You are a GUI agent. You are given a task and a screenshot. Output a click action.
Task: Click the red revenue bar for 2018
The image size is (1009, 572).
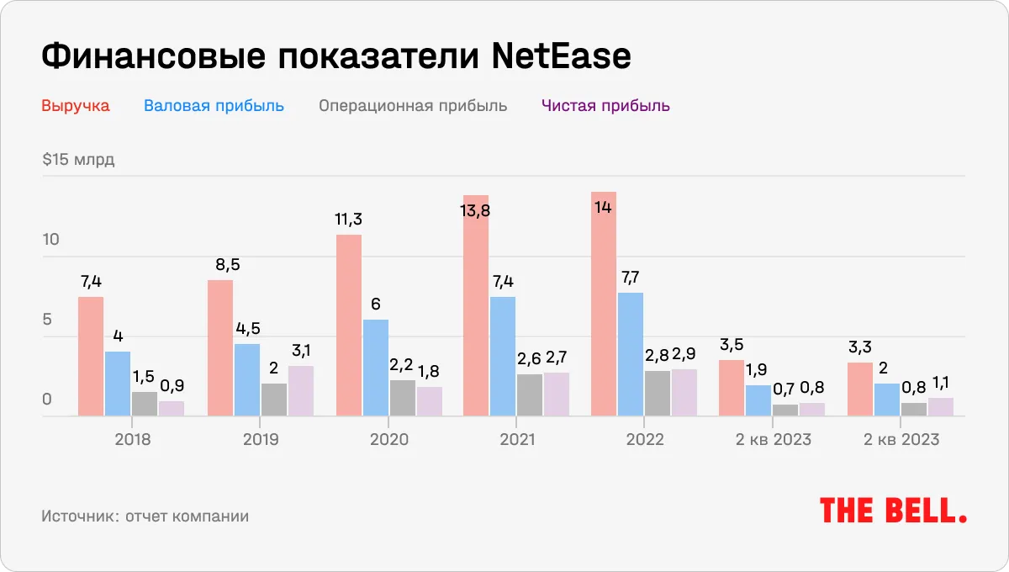(x=91, y=356)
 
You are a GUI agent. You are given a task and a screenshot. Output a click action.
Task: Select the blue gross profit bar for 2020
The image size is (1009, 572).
(x=375, y=368)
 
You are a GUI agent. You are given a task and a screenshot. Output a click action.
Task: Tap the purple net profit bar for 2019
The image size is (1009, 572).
(x=300, y=390)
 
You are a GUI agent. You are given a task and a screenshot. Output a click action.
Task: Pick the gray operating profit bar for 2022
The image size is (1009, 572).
(x=658, y=393)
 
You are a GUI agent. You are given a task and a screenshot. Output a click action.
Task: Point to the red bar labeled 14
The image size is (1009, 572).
(x=604, y=304)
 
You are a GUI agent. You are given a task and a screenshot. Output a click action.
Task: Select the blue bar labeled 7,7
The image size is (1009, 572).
(x=631, y=354)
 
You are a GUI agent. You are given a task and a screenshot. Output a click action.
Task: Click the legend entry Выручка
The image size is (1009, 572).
(x=76, y=106)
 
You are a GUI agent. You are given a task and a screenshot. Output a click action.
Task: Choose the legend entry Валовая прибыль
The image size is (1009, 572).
(x=214, y=106)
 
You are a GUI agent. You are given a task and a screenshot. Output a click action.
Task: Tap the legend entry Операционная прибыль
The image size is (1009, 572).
(x=412, y=106)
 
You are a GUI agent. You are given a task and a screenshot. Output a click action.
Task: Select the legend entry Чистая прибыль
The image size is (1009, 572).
(x=605, y=106)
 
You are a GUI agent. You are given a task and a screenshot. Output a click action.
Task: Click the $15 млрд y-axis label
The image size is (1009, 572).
(x=78, y=161)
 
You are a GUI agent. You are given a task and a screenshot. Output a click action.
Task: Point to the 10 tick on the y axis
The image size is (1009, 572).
(x=51, y=240)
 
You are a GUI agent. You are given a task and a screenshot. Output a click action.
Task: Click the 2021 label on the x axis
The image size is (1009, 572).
(x=516, y=440)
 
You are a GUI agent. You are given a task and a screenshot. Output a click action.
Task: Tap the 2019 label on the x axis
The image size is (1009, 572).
(x=261, y=440)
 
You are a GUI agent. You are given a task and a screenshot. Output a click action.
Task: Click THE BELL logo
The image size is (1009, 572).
(x=893, y=511)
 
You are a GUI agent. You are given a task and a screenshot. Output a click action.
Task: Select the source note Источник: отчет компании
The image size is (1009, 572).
(x=145, y=516)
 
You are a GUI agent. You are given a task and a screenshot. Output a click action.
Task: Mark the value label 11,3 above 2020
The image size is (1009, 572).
(x=349, y=220)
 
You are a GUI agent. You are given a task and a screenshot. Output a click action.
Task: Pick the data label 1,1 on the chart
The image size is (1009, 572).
(x=941, y=383)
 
